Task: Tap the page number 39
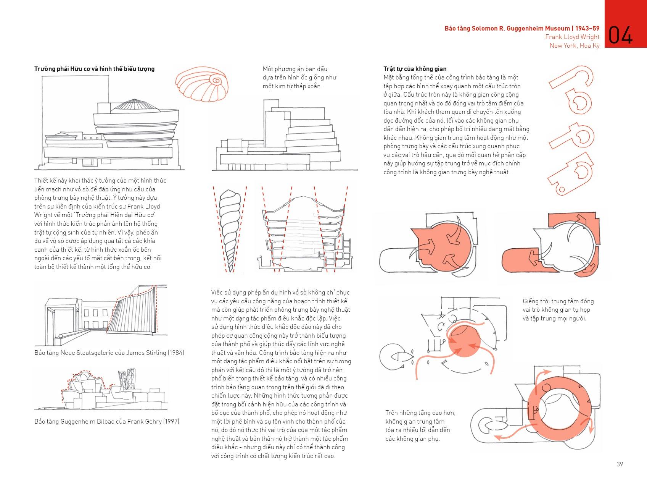click(x=620, y=464)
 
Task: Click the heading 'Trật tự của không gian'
click(x=415, y=69)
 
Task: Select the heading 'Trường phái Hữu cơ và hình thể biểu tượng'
click(x=94, y=69)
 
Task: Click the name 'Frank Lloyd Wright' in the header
click(x=572, y=37)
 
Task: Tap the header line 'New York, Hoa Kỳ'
click(x=574, y=46)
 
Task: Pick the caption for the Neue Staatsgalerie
click(x=109, y=353)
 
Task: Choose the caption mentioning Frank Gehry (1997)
click(x=106, y=422)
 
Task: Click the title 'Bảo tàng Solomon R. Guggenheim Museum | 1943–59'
click(x=521, y=28)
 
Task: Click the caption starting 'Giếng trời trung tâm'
click(x=558, y=310)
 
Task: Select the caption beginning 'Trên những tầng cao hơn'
click(x=420, y=426)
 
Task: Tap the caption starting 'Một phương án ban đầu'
click(x=299, y=78)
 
